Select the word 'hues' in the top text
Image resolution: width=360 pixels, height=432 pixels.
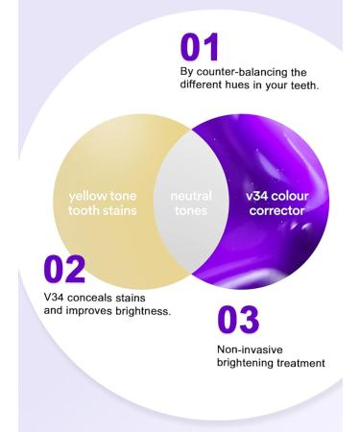point(248,84)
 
